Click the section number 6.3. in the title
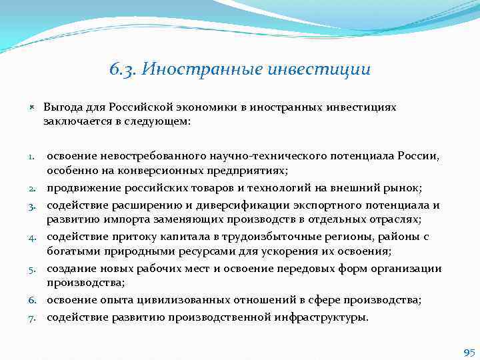click(122, 69)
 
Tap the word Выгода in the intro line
click(62, 107)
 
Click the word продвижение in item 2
click(81, 189)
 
